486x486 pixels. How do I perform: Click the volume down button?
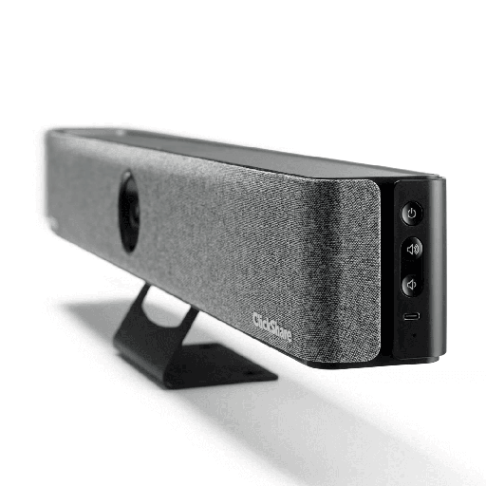click(411, 284)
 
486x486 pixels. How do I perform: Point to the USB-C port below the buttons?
click(410, 317)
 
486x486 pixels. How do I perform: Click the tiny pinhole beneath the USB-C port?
click(409, 333)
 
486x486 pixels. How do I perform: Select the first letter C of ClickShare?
click(254, 317)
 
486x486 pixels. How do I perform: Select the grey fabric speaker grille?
click(237, 237)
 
